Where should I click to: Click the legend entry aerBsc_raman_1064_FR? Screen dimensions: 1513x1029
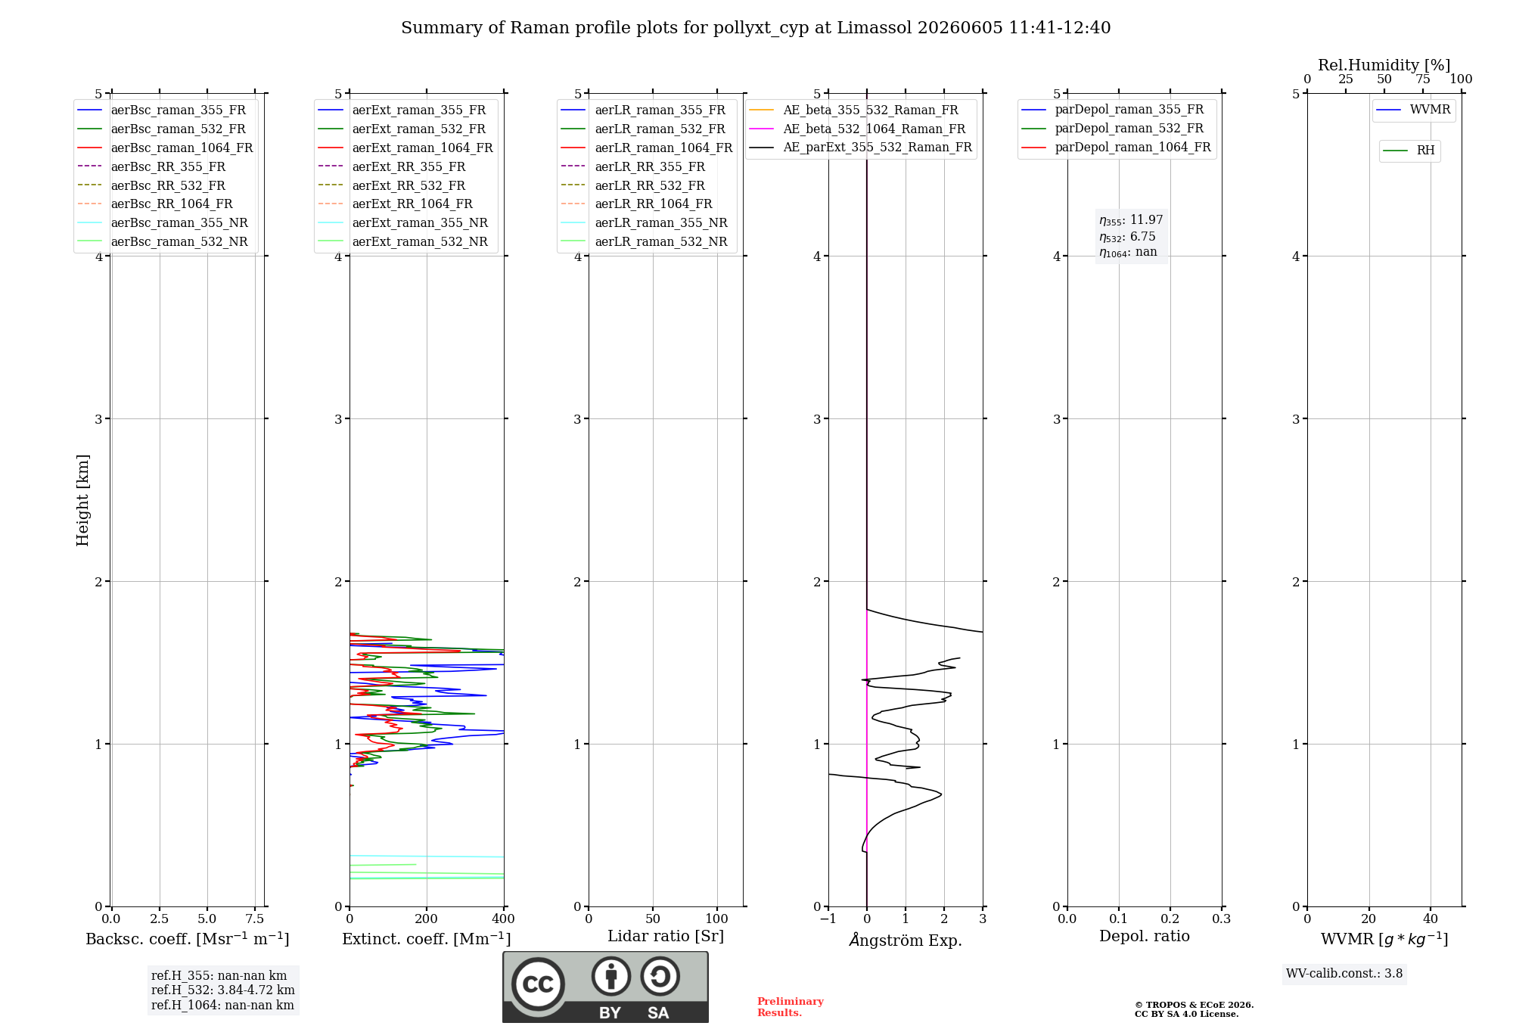click(165, 148)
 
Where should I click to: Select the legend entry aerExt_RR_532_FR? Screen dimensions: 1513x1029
click(392, 185)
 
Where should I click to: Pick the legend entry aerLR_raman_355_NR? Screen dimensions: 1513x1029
click(644, 222)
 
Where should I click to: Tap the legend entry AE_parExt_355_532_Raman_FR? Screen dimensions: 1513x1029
click(860, 147)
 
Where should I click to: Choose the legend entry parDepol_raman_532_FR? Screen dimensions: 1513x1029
click(1112, 129)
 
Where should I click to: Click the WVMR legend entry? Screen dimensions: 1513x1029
click(1413, 110)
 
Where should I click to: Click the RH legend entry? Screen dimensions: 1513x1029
click(1409, 151)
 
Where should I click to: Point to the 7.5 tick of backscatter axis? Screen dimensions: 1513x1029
click(255, 919)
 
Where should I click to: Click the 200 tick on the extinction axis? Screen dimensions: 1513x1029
click(427, 919)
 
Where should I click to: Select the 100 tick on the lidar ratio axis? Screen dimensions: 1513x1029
click(717, 919)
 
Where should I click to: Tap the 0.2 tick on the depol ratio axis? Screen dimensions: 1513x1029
click(1170, 919)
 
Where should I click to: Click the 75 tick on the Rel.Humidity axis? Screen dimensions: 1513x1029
click(1423, 79)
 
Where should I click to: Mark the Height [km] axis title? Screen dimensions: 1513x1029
click(82, 500)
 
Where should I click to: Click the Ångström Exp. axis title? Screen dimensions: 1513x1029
click(906, 940)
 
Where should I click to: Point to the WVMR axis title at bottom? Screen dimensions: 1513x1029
click(1384, 939)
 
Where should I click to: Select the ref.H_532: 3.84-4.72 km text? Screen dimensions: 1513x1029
click(223, 990)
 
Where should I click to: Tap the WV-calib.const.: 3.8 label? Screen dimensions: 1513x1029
click(1344, 974)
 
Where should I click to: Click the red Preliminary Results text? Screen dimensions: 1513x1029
click(791, 1007)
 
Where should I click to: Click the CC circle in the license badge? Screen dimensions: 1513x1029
click(538, 984)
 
